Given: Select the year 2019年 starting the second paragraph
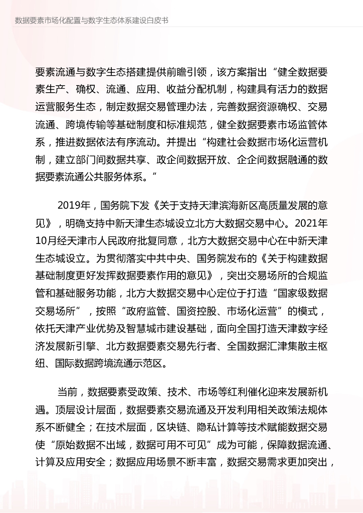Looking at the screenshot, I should click(74, 205).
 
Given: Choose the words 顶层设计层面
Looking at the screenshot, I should click(85, 409).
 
